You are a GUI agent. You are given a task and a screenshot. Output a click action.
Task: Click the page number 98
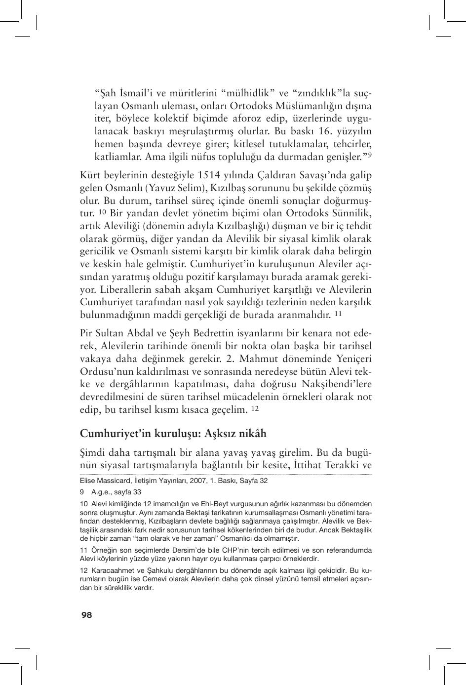tap(86, 615)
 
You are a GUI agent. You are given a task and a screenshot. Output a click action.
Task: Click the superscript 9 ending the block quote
tap(369, 156)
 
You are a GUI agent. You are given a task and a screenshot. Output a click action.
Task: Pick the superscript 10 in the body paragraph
tap(102, 213)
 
